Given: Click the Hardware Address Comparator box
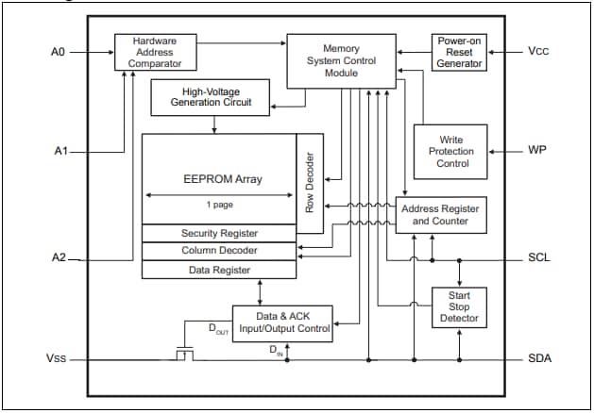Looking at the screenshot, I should click(155, 52).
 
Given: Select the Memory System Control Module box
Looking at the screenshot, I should click(341, 60).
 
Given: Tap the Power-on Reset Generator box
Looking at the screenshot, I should click(459, 52).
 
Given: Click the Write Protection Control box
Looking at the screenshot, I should click(451, 151).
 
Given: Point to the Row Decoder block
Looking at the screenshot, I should click(310, 182).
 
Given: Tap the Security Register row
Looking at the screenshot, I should click(219, 233).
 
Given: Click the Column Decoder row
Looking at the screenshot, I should click(219, 251).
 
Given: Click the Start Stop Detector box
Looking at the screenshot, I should click(459, 306).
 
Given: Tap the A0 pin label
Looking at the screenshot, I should click(58, 52).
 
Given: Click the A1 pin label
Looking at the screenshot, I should click(58, 151).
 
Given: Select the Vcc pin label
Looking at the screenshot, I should click(539, 52).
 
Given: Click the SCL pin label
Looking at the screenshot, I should click(539, 257).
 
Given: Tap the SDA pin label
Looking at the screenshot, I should click(539, 359).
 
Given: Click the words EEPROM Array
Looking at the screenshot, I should click(222, 177).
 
